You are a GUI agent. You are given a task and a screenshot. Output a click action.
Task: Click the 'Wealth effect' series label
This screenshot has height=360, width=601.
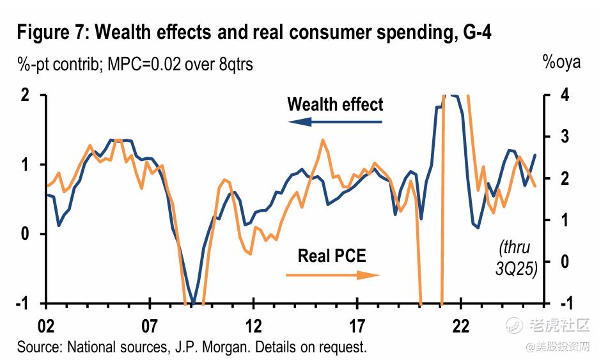335,104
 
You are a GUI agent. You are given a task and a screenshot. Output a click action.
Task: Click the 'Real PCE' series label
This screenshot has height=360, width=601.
332,256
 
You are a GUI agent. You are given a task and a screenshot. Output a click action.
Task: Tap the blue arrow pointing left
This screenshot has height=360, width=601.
333,121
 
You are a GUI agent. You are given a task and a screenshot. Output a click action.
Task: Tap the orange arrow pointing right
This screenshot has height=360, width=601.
332,275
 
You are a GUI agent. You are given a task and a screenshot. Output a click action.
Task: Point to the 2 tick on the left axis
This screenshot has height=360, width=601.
26,95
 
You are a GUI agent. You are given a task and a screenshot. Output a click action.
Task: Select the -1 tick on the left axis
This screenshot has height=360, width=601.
24,303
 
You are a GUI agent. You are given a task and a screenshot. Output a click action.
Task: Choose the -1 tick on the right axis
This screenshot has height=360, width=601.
559,303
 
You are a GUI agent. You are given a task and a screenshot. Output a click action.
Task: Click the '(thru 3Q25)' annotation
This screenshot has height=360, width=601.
515,258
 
